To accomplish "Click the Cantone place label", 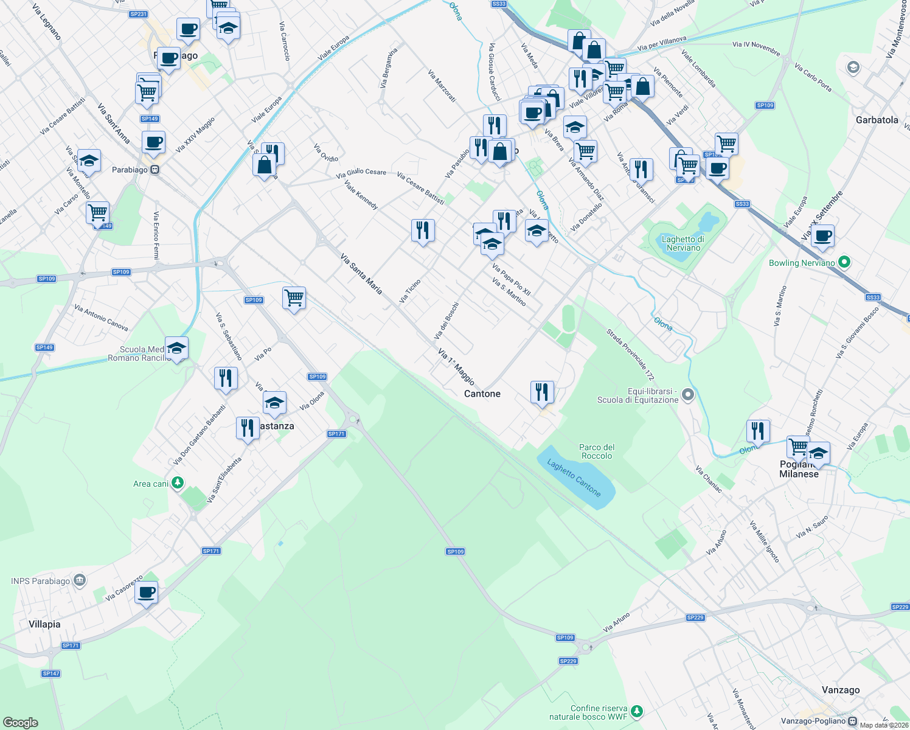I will (x=482, y=394).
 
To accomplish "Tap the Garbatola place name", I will (x=877, y=120).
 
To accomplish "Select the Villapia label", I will (x=44, y=624).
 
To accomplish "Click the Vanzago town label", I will (x=841, y=690).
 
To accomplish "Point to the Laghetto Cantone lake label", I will (x=574, y=478).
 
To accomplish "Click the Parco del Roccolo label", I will (x=597, y=451).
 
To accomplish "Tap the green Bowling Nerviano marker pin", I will (x=844, y=263).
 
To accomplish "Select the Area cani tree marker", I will (x=177, y=484).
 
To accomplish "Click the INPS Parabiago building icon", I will (x=80, y=581).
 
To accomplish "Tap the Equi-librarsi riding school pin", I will (x=688, y=395).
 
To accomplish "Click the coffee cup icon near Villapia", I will (x=147, y=592).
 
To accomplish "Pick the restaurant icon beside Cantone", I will (x=541, y=392).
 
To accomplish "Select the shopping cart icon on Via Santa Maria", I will (x=294, y=298).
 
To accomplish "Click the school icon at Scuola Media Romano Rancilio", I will (x=176, y=349).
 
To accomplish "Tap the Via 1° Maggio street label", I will (x=456, y=366).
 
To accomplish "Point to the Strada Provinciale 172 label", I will (x=630, y=355).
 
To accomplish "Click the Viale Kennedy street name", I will (x=361, y=195).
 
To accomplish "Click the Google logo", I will (x=21, y=723).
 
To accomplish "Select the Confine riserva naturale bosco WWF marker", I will (x=636, y=711).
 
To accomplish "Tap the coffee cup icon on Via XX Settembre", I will (x=822, y=236).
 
